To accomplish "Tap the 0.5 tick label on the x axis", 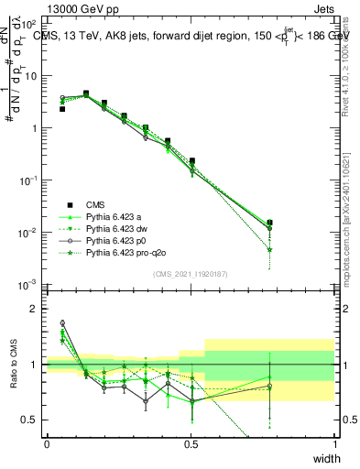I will pyautogui.click(x=191, y=444).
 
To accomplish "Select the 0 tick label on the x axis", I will pyautogui.click(x=47, y=444).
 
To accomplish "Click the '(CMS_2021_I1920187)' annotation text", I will pyautogui.click(x=190, y=273).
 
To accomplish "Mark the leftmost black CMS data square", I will pyautogui.click(x=62, y=109).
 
